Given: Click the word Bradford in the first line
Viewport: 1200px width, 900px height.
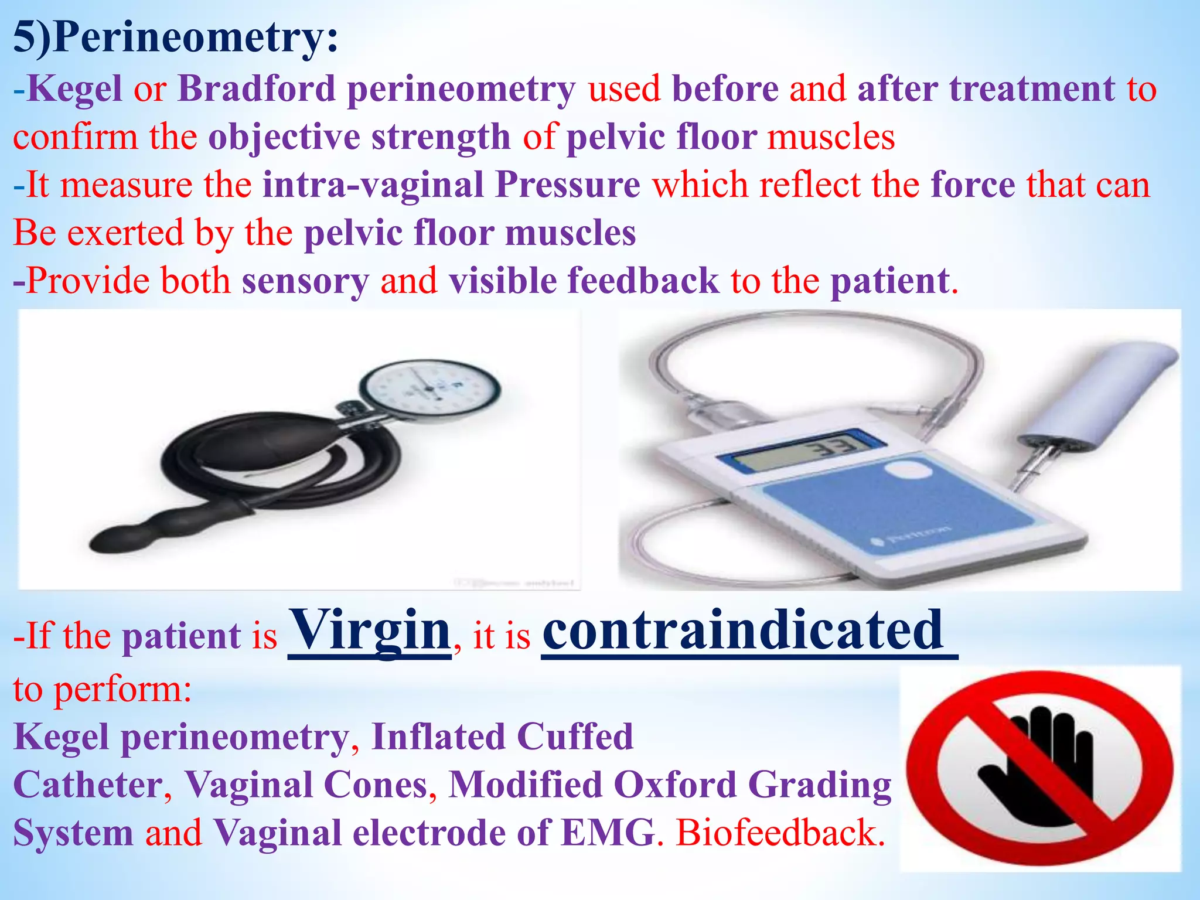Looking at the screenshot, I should coord(256,89).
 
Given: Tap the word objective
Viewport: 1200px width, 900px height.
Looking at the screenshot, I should coord(284,137).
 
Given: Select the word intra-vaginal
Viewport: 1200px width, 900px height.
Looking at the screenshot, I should coord(373,185).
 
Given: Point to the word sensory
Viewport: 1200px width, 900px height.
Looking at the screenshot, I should coord(305,281).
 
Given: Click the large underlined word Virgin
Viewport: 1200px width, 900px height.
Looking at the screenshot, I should coord(370,630).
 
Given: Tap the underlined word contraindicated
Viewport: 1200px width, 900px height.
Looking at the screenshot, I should coord(743,630).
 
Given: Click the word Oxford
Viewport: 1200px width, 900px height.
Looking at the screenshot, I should coord(674,785).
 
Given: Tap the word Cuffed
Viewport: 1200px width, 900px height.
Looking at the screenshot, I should coord(575,737).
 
